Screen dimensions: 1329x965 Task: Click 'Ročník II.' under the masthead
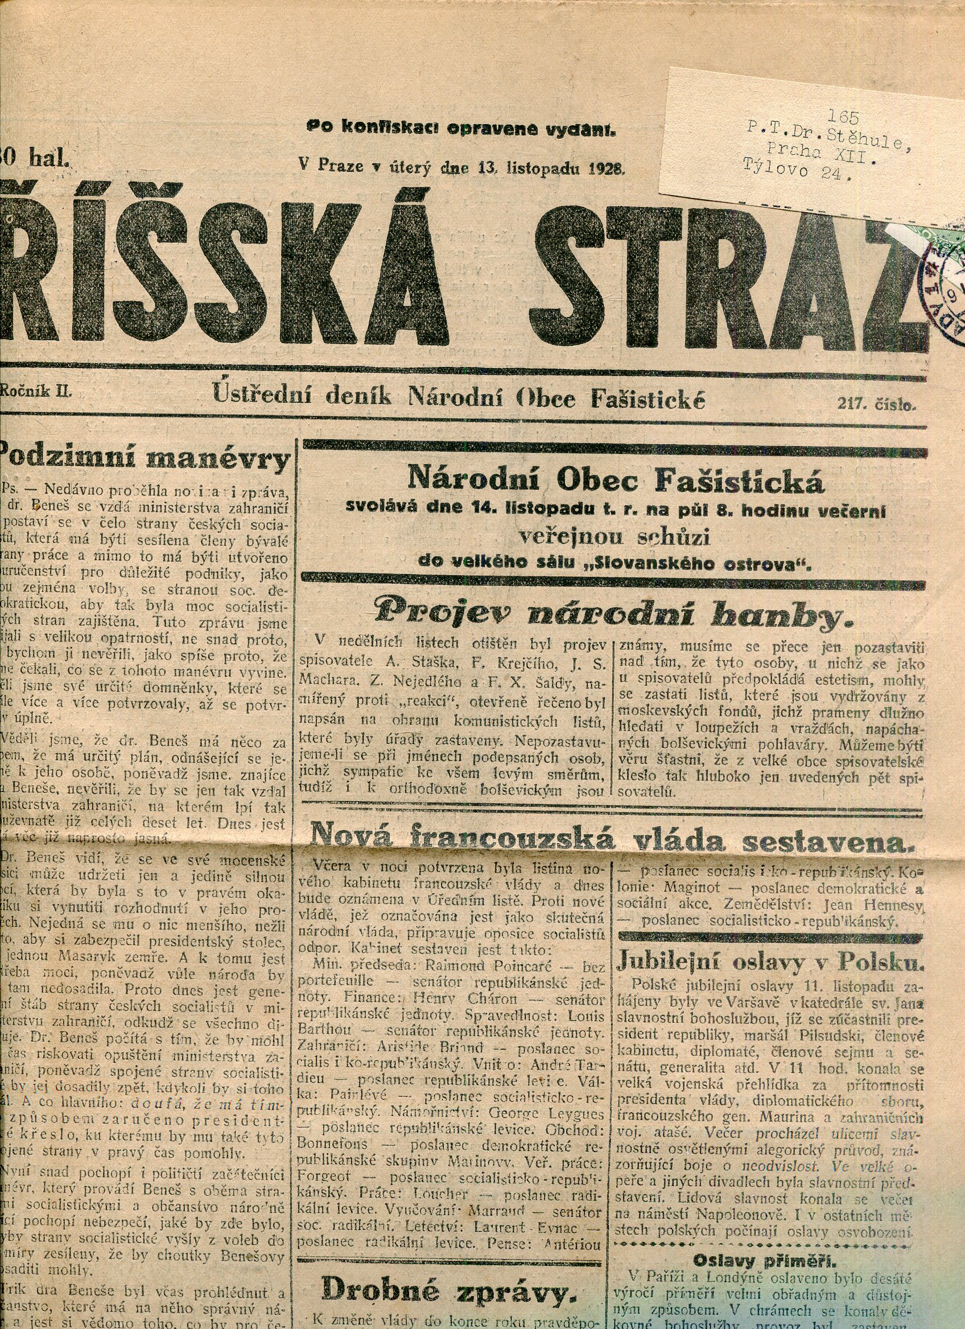click(36, 392)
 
